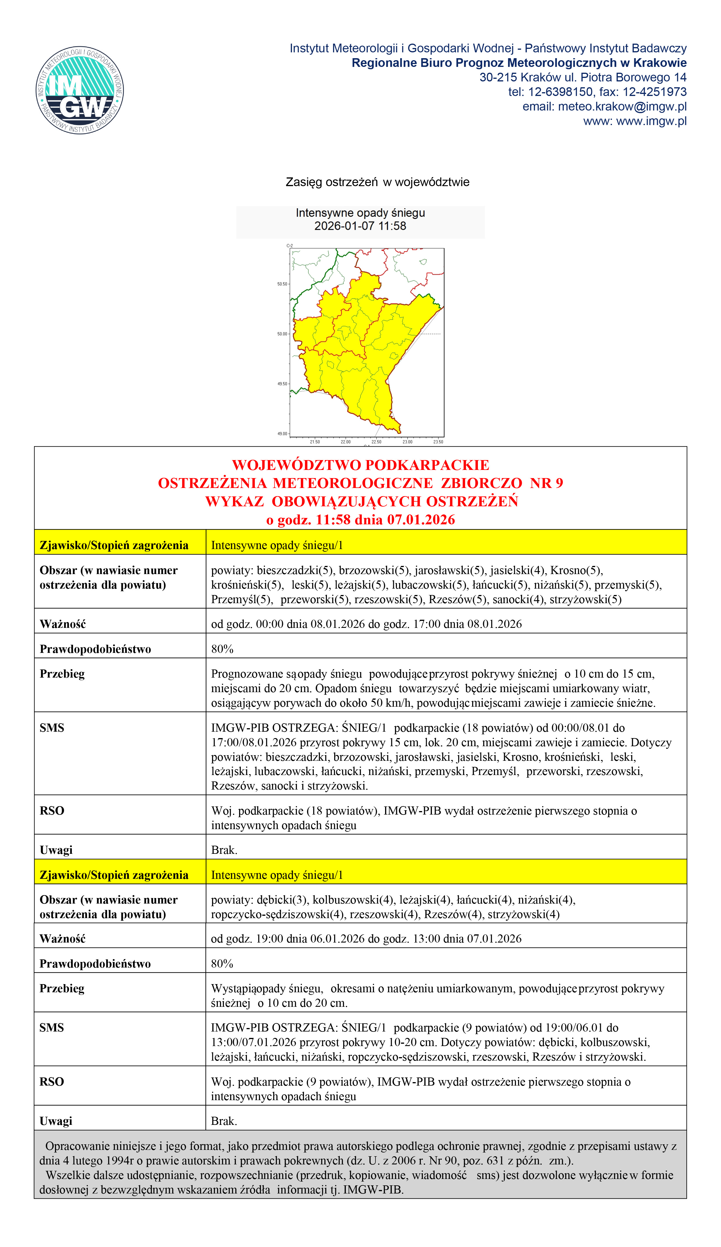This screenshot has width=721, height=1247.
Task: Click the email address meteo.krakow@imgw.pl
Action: pos(622,106)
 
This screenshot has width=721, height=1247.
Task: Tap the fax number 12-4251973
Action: pos(654,92)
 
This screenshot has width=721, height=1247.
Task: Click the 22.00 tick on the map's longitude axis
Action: pos(346,441)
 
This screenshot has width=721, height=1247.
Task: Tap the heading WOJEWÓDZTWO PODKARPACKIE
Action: pos(360,465)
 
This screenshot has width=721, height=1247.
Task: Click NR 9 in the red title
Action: pos(546,483)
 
